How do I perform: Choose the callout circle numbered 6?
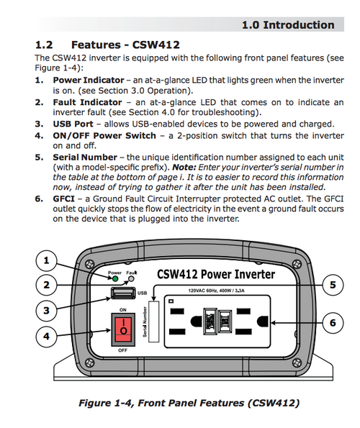click(333, 324)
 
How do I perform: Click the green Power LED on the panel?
click(114, 279)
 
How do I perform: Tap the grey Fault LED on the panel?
click(131, 279)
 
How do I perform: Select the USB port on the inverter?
click(124, 293)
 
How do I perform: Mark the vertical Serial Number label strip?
click(151, 321)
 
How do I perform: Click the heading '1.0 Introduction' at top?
click(287, 25)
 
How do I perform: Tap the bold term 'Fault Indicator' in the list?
click(86, 103)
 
